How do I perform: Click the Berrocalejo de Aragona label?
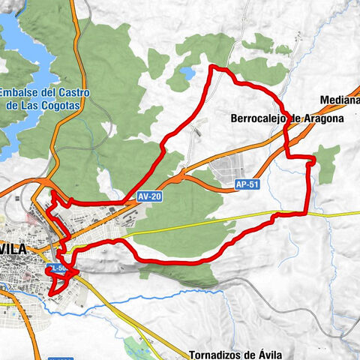[x=287, y=118]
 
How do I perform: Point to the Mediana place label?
[x=338, y=99]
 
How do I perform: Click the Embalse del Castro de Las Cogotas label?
[x=45, y=99]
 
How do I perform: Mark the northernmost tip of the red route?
[x=215, y=67]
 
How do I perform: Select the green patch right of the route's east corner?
[x=327, y=161]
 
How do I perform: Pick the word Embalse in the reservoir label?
[x=20, y=93]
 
